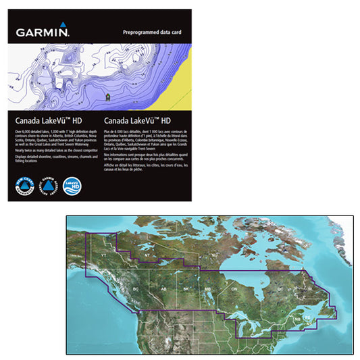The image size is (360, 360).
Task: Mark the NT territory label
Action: tap(147, 255)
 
